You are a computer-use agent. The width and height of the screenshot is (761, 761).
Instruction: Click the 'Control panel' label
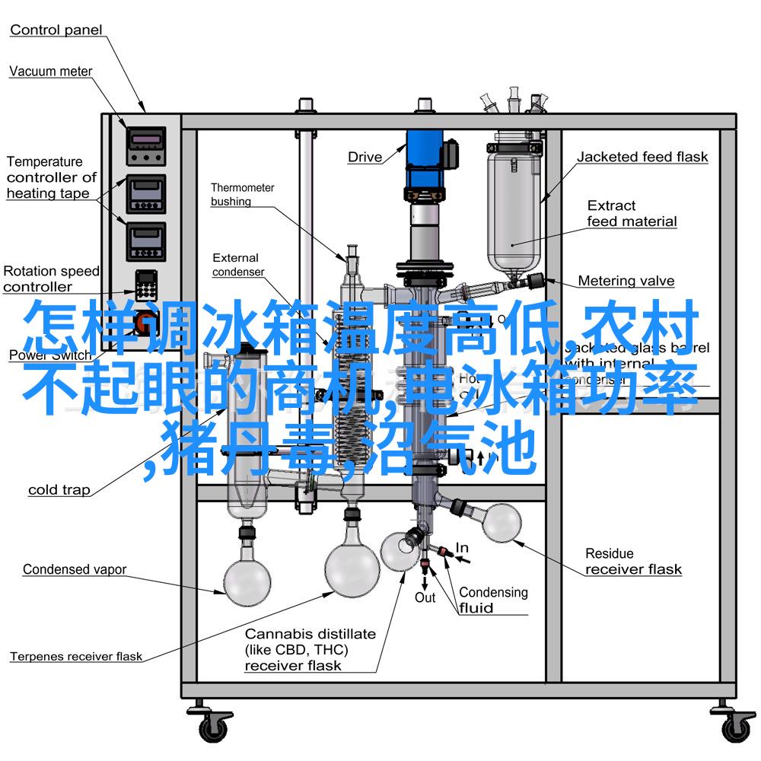click(x=56, y=30)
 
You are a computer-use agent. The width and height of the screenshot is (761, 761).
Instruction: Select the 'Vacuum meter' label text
click(x=50, y=72)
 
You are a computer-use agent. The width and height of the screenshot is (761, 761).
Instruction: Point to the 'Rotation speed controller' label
click(x=50, y=279)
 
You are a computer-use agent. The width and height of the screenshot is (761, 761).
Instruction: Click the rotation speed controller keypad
click(x=145, y=286)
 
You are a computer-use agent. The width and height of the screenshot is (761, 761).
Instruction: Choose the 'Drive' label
click(x=365, y=158)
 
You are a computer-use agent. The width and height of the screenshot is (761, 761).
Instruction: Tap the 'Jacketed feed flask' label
click(x=642, y=158)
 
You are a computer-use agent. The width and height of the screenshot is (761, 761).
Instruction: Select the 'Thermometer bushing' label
click(x=242, y=195)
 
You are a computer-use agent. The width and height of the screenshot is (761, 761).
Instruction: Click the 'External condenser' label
click(x=237, y=265)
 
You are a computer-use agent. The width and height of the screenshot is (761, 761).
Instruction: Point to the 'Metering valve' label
click(x=626, y=281)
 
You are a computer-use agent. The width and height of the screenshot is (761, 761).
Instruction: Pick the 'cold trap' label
click(x=59, y=490)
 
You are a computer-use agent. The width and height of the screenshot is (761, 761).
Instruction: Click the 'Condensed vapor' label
click(x=74, y=569)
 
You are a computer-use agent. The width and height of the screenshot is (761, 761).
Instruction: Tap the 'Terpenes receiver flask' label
click(x=75, y=656)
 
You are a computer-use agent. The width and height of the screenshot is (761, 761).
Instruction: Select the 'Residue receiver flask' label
click(x=633, y=561)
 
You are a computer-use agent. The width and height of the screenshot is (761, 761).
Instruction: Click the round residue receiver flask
click(x=501, y=522)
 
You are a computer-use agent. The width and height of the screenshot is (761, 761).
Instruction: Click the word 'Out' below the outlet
click(x=425, y=597)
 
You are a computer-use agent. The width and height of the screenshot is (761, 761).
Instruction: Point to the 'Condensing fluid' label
click(x=493, y=600)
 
